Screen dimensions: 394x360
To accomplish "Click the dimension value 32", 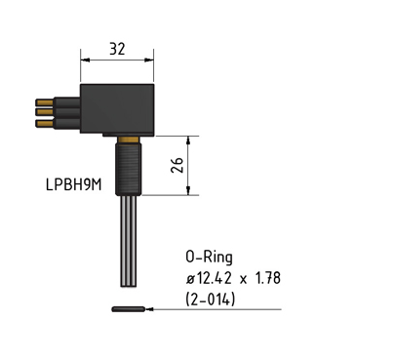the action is pyautogui.click(x=117, y=49).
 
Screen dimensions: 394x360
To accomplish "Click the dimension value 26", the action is pyautogui.click(x=177, y=165).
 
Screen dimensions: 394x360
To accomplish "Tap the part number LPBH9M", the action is pyautogui.click(x=74, y=184).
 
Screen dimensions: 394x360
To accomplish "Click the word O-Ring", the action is pyautogui.click(x=210, y=258).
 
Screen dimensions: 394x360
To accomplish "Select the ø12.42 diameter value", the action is pyautogui.click(x=209, y=278).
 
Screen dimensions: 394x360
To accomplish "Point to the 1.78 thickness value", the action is pyautogui.click(x=268, y=278).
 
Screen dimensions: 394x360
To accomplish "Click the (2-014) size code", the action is pyautogui.click(x=211, y=300).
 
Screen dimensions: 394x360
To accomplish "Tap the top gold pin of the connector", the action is pyautogui.click(x=45, y=102).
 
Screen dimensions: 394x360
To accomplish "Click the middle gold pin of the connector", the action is pyautogui.click(x=45, y=112).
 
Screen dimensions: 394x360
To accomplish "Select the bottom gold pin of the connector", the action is pyautogui.click(x=45, y=123).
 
